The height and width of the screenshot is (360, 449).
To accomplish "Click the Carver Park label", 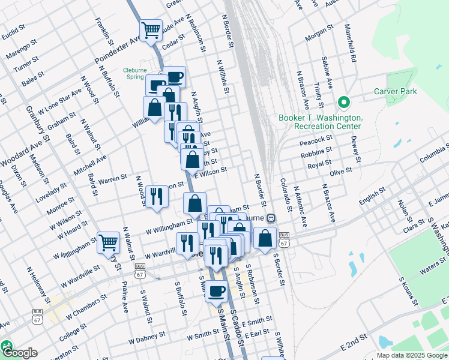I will (x=396, y=91).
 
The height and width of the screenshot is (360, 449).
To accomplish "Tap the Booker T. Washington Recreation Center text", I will (x=320, y=122).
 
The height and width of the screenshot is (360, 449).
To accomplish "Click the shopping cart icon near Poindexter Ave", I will (x=151, y=28).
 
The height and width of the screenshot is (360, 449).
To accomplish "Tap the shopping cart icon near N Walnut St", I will (x=108, y=242).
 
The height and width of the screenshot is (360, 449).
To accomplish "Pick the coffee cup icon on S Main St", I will (x=216, y=291).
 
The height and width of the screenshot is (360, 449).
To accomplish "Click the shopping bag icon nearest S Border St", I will (x=265, y=238).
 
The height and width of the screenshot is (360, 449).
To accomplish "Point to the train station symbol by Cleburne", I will (x=271, y=218).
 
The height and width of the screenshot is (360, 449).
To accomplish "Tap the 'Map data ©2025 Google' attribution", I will (x=412, y=355).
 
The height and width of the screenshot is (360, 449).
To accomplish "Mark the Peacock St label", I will (x=316, y=140).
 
